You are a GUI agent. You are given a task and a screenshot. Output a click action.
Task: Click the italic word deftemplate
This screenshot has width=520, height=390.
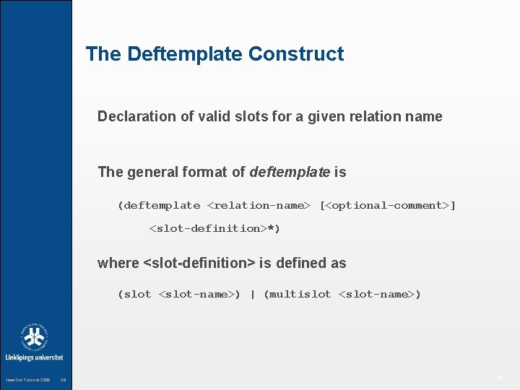point(289,172)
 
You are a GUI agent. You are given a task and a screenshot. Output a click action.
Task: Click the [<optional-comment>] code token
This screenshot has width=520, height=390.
point(388,206)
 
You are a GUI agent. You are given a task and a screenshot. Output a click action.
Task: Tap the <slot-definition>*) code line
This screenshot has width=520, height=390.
point(214,229)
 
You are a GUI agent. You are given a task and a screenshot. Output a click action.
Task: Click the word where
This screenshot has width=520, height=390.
point(118,264)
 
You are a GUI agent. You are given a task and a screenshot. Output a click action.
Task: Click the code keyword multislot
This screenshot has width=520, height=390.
point(300,295)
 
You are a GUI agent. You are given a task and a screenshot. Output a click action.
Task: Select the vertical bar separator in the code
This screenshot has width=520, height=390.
point(252,295)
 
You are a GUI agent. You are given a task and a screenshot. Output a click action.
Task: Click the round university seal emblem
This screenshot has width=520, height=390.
point(34,337)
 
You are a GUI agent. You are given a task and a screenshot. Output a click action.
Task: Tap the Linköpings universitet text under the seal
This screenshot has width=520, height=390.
point(34,357)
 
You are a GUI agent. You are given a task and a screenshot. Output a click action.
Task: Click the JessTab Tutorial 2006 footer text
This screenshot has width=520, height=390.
point(28,380)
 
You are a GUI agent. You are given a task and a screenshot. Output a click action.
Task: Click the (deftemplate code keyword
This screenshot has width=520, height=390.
point(159,206)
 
